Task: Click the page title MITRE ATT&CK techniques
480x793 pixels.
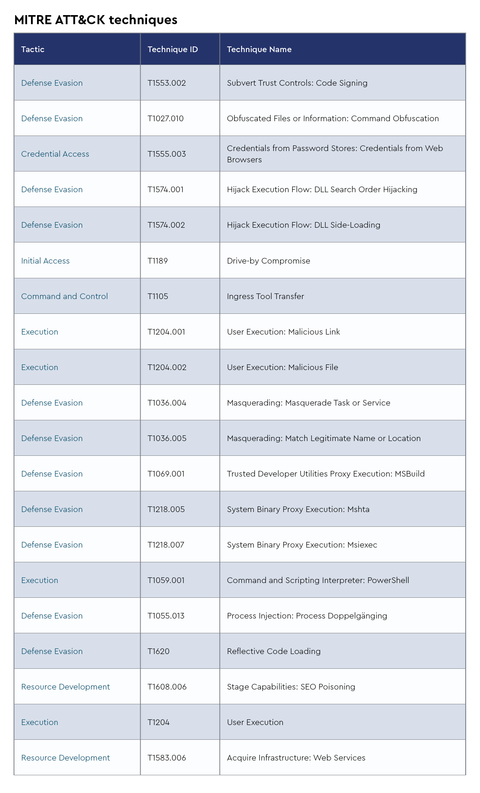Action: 96,20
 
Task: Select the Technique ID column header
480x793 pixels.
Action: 172,49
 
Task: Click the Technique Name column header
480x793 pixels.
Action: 259,49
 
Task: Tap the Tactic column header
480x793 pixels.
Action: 33,49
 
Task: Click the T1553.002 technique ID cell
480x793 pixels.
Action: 166,83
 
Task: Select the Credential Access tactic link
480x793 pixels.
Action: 55,154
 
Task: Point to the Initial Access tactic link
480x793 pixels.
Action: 45,261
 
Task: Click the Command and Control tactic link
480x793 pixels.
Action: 64,296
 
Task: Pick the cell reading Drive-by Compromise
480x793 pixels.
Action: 268,261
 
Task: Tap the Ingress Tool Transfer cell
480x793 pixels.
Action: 265,296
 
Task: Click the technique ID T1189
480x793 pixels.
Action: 158,261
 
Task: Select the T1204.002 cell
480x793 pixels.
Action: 167,367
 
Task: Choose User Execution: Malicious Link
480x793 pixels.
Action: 283,332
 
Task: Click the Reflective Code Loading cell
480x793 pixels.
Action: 274,651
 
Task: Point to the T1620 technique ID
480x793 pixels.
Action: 158,651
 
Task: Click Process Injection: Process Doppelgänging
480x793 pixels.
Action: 307,616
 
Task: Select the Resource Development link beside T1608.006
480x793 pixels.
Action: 65,687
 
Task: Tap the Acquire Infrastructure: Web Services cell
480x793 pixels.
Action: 296,758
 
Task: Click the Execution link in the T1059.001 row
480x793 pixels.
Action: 40,580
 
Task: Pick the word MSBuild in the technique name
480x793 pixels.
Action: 410,474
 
